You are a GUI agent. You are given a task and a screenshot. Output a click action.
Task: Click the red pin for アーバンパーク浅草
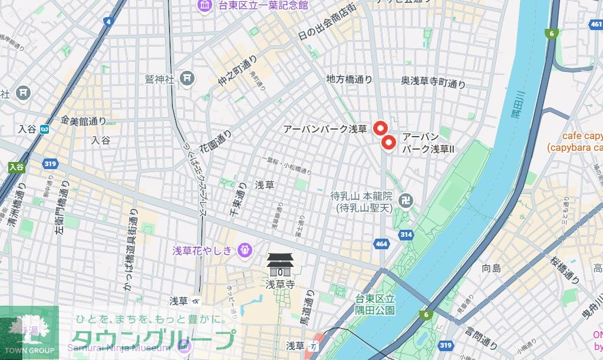point(380,128)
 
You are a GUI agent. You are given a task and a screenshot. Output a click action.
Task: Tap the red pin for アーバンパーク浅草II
point(388,143)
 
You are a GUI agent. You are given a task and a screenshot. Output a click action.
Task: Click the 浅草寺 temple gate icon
point(279,265)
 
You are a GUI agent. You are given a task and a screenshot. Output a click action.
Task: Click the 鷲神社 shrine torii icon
point(187,78)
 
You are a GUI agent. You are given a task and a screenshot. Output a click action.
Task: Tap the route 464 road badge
point(381,243)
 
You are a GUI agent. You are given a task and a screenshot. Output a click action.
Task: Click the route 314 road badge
point(406,235)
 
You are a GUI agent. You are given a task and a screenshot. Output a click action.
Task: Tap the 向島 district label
point(491,268)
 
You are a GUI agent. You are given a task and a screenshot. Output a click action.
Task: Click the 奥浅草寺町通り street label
point(433,84)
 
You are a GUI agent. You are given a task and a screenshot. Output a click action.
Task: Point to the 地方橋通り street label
point(350,78)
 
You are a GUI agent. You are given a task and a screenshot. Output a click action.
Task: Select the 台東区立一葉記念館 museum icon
point(206,5)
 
